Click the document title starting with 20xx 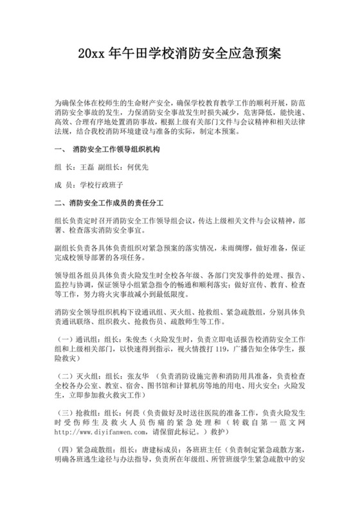(x=179, y=52)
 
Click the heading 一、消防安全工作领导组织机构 (x=112, y=150)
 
